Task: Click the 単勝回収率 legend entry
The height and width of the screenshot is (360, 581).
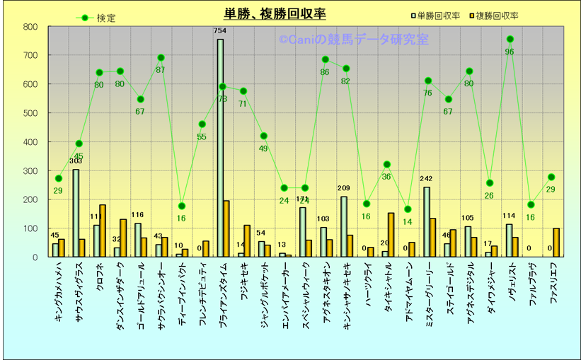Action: point(436,16)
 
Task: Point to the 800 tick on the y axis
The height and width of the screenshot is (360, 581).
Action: point(30,27)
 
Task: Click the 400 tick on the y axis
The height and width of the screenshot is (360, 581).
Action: point(30,142)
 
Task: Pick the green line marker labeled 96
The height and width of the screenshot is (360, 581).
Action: point(510,40)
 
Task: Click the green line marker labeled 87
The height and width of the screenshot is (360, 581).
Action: point(161,58)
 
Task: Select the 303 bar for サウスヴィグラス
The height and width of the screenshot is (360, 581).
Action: point(76,213)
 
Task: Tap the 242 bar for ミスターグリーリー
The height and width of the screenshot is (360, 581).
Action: point(426,221)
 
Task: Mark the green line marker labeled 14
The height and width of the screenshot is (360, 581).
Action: point(407,209)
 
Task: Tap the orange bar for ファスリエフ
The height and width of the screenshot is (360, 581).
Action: point(556,242)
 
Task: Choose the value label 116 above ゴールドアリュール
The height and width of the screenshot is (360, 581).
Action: point(137,215)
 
